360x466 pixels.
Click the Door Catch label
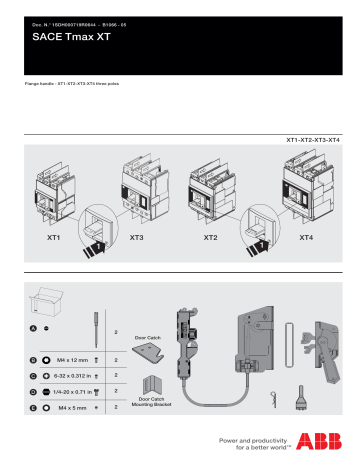tap(148, 337)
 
